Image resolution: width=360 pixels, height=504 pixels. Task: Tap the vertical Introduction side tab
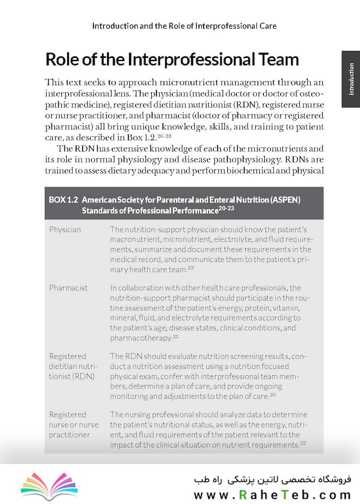tap(351, 79)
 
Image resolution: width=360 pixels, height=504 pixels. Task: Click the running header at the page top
tap(184, 26)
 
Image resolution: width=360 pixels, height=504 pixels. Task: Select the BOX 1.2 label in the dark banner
tap(63, 200)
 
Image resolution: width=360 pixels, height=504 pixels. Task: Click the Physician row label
tap(65, 229)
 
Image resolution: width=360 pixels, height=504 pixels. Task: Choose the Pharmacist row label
tap(68, 288)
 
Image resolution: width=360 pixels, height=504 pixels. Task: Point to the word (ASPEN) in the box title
tap(284, 200)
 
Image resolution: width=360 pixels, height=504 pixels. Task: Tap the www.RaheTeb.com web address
tap(272, 494)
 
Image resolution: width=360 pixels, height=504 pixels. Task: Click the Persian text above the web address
tap(272, 480)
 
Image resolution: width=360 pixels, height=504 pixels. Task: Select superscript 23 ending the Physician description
tap(191, 268)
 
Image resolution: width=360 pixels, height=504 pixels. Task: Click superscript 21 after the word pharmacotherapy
tap(176, 336)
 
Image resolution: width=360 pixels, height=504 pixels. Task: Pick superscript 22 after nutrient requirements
tap(303, 443)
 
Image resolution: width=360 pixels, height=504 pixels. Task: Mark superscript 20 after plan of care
tap(273, 395)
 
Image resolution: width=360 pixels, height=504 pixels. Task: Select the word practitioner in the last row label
tap(70, 435)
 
